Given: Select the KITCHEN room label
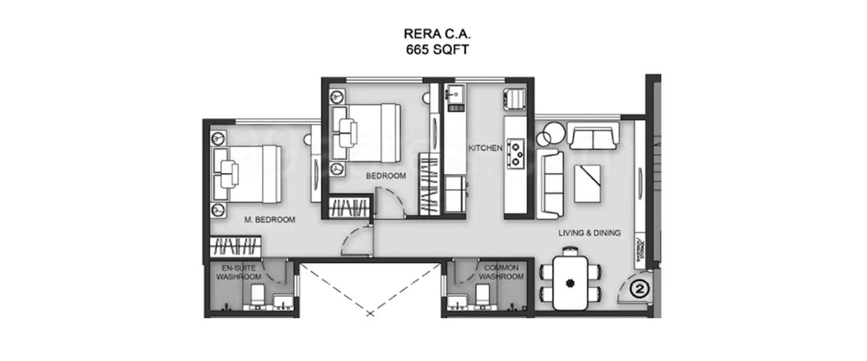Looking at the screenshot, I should [485, 148].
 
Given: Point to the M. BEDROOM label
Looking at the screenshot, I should [269, 220].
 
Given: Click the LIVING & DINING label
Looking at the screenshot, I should [589, 233].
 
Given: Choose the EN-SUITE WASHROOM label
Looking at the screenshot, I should [235, 273].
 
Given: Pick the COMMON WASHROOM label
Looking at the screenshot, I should [501, 273].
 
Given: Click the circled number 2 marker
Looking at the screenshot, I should [638, 287].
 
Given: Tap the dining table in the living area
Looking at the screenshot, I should [570, 282].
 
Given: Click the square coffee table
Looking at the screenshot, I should [588, 181].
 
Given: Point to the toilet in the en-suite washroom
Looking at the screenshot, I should [255, 296].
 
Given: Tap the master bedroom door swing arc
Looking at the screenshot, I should [356, 241].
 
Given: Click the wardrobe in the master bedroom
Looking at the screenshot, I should [235, 247].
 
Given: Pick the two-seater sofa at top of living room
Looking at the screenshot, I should [594, 136].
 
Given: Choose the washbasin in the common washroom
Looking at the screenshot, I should [459, 302].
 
